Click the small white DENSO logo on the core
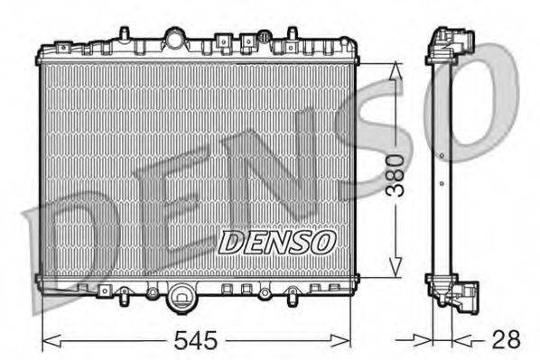(278, 241)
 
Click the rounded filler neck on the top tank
(174, 39)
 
